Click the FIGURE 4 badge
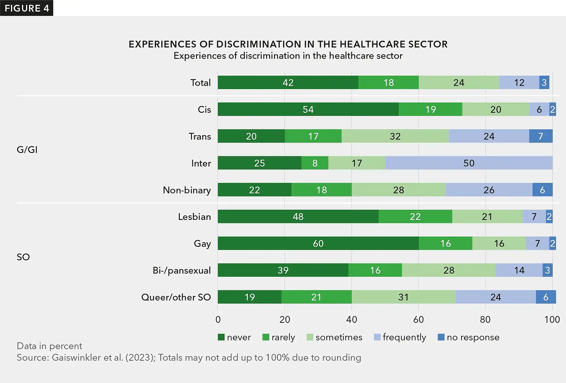click(x=27, y=8)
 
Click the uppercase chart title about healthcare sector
click(x=288, y=44)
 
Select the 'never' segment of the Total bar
click(x=288, y=83)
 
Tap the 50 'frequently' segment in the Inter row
click(x=469, y=163)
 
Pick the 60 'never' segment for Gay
click(x=318, y=243)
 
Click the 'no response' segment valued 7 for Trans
click(x=541, y=136)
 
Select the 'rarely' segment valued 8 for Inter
click(x=315, y=163)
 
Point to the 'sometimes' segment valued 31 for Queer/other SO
click(x=403, y=297)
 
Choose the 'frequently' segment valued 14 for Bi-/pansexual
click(x=519, y=270)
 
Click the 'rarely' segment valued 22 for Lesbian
click(x=415, y=217)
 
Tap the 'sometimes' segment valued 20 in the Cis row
click(x=496, y=109)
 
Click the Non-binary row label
click(x=187, y=190)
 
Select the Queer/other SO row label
click(x=176, y=297)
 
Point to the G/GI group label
click(x=27, y=150)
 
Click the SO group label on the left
click(x=23, y=257)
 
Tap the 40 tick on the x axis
click(x=352, y=319)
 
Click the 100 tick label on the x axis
click(x=552, y=319)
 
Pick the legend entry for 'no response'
click(x=469, y=337)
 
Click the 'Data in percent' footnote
click(x=49, y=346)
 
